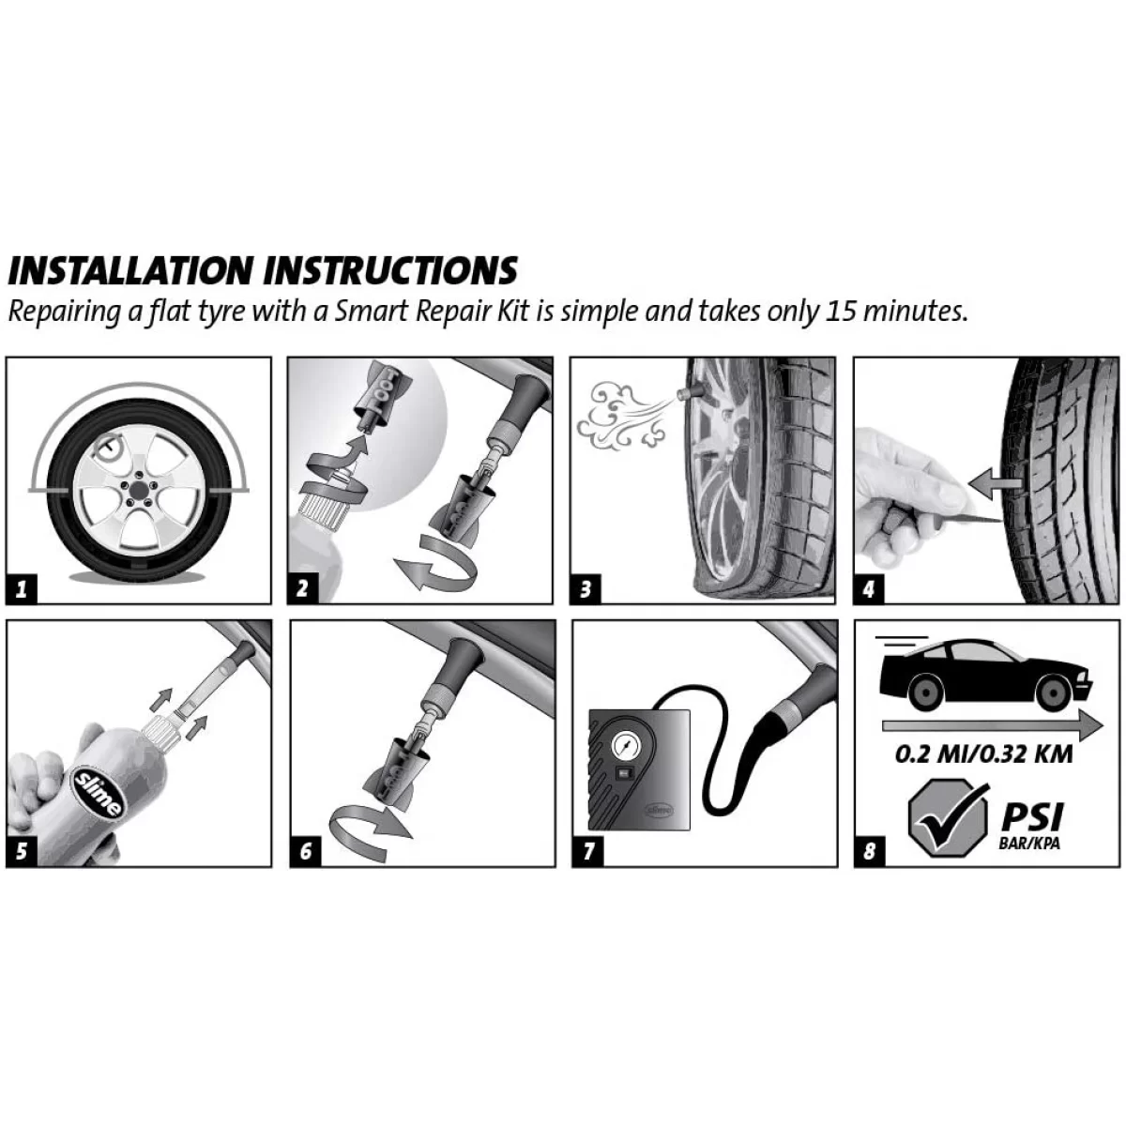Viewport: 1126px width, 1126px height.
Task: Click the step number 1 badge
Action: (x=22, y=589)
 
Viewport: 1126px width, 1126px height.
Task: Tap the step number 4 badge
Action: (x=869, y=589)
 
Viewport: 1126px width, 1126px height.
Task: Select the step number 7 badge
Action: (x=587, y=851)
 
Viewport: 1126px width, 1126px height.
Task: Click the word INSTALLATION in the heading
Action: (x=130, y=270)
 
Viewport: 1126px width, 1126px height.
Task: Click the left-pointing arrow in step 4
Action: (x=994, y=483)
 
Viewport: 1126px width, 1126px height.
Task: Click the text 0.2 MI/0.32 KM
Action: (x=984, y=753)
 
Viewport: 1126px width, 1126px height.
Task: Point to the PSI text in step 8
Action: (x=1032, y=816)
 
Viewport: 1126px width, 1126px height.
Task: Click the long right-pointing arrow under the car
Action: (x=992, y=725)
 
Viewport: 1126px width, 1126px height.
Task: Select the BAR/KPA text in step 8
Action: (x=1031, y=844)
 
